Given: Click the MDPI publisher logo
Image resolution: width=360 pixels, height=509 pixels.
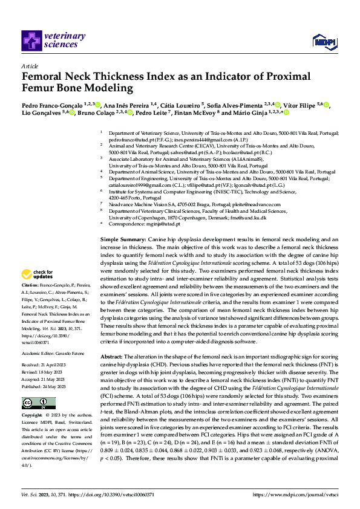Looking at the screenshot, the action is pyautogui.click(x=321, y=41).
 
